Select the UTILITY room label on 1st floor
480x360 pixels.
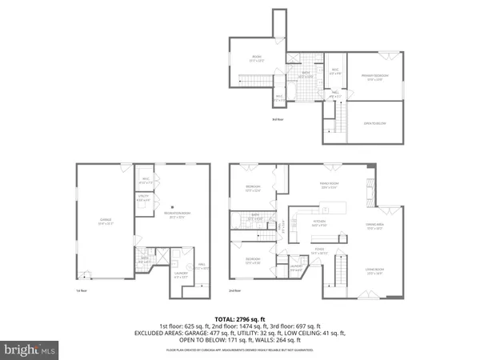point(144,198)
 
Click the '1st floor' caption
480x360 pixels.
point(82,291)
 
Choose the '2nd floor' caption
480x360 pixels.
point(234,291)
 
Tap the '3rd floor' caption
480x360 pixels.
point(278,119)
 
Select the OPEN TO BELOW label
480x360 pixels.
point(375,123)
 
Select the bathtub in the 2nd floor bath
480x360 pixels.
point(237,216)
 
